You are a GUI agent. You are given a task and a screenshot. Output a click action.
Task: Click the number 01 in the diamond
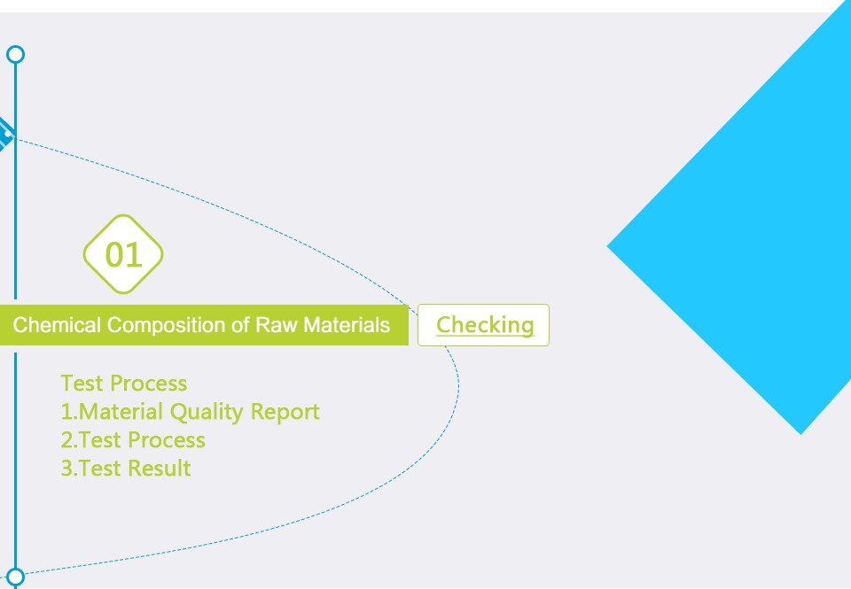tap(124, 255)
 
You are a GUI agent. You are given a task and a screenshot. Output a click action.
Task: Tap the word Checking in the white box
tap(485, 325)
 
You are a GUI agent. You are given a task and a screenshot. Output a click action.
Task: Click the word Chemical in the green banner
tap(57, 325)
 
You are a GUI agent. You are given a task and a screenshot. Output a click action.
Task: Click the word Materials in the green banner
tap(347, 325)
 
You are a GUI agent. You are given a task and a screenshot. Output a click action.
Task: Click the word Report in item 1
tap(285, 412)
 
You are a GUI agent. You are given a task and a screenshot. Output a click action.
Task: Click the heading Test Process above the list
tap(124, 384)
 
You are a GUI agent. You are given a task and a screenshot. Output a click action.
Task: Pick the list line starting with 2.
tap(133, 440)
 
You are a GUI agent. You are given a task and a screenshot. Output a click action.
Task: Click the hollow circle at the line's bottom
tap(16, 577)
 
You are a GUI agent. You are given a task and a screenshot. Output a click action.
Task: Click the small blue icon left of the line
tap(5, 134)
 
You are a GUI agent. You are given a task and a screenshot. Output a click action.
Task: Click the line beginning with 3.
tap(126, 468)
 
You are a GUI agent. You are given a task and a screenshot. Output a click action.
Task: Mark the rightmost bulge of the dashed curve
tap(458, 386)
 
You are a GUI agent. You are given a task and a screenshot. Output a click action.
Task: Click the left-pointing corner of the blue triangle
tap(607, 246)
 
